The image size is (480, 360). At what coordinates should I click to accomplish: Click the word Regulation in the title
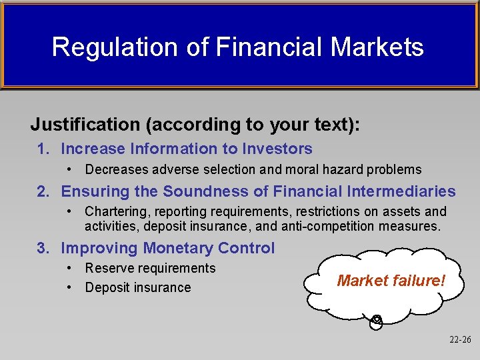click(97, 47)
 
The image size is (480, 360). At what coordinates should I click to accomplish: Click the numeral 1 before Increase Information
click(41, 149)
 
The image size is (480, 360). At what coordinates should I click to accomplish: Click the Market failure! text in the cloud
click(391, 281)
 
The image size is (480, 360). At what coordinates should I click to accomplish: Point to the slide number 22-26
click(460, 339)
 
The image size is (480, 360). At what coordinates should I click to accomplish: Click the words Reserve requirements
click(150, 268)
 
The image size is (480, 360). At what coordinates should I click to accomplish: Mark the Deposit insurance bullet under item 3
click(137, 288)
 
